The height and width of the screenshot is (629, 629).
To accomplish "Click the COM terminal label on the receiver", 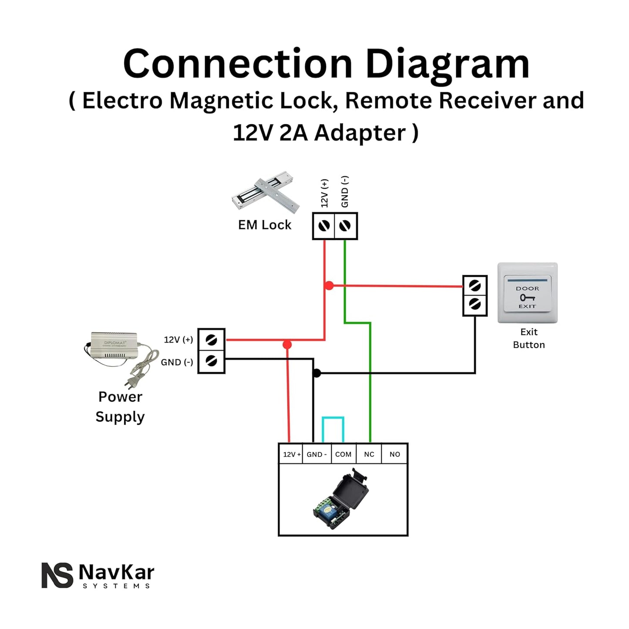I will coord(343,454).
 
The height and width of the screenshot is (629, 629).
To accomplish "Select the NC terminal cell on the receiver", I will coord(369,454).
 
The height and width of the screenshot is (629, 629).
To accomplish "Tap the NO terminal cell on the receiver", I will coord(395,454).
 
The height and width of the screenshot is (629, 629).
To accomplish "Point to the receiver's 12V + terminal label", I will coord(291,454).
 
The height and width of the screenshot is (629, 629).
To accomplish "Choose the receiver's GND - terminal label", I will coord(316,454).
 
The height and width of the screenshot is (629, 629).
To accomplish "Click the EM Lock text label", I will coord(265,225).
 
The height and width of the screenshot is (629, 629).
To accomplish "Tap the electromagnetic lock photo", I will coord(265,193).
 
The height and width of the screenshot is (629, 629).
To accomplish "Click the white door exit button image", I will coord(527,293).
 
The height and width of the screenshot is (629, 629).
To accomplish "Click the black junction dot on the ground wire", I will coord(317,373).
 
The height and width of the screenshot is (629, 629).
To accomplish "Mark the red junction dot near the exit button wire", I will coord(330,286).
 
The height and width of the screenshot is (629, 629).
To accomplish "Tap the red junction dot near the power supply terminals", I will coord(287,345).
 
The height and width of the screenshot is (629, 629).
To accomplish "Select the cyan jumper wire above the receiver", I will coord(333,418).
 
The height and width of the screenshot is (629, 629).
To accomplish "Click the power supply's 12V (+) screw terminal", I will coord(212,340).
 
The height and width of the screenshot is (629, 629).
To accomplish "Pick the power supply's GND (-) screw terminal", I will coord(212,361).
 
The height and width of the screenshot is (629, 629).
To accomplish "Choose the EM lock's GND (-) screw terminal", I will coord(345,225).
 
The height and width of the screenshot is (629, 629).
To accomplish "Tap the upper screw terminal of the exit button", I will coord(475,286).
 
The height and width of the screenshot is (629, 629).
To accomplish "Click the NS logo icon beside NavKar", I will coord(57,575).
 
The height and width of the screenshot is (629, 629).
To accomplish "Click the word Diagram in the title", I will coord(447,64).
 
